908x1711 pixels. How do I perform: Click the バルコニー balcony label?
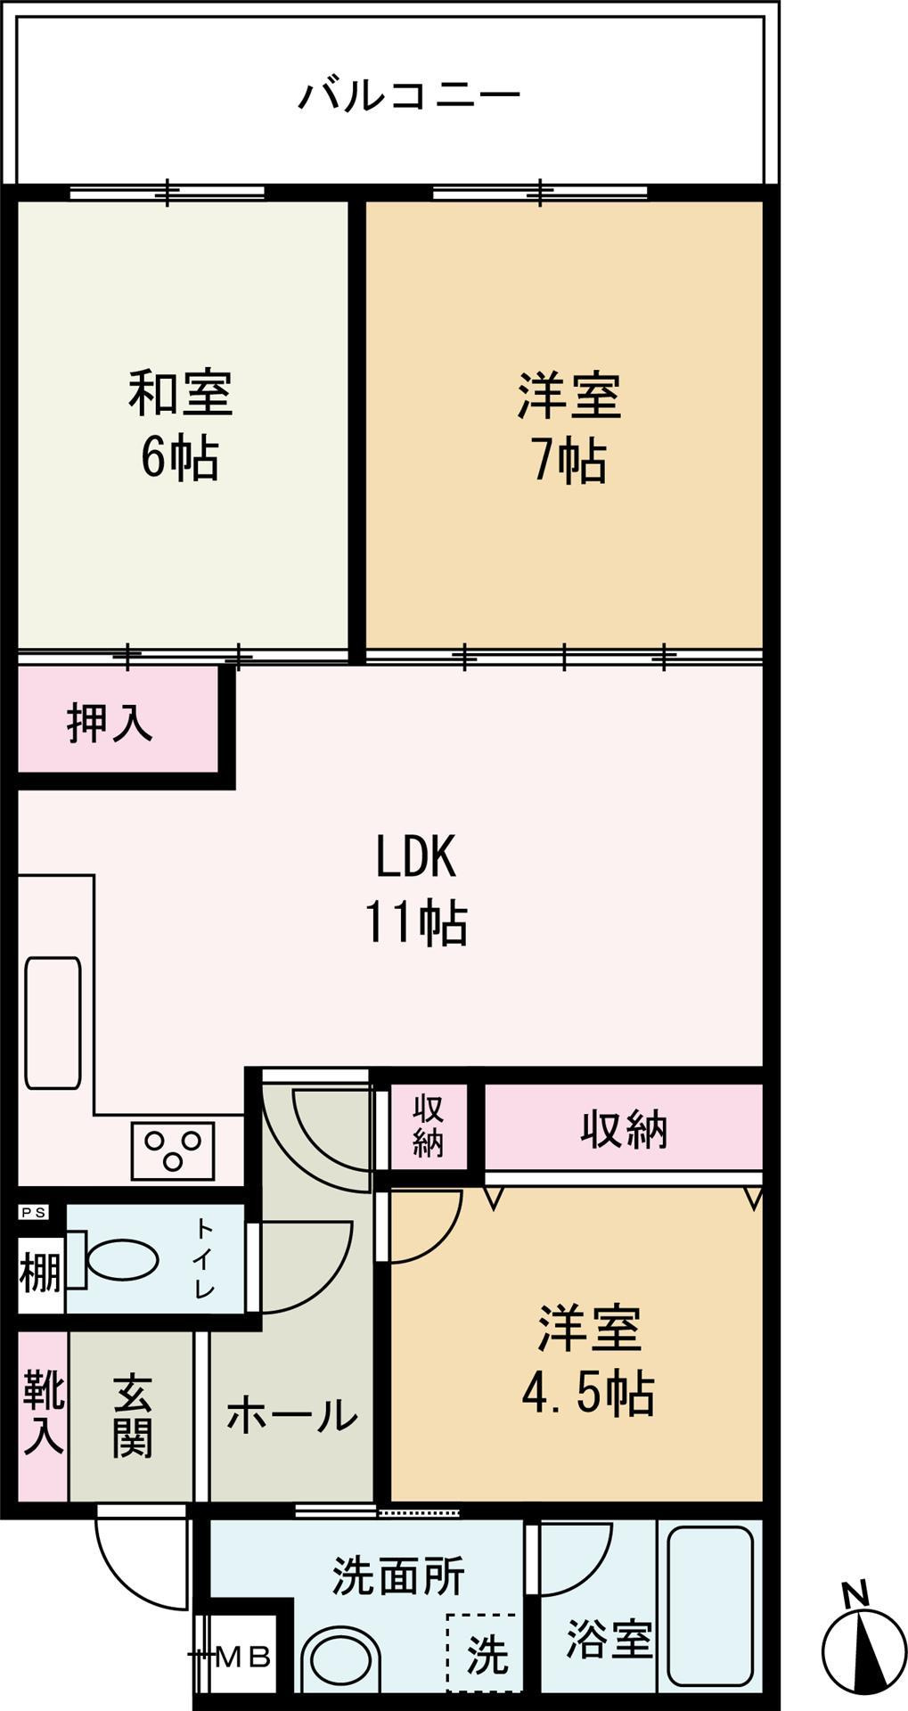tap(409, 94)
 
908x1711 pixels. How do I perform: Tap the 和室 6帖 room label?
tap(181, 425)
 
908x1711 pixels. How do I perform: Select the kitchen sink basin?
tap(53, 1023)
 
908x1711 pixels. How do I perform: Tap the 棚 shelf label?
tap(41, 1272)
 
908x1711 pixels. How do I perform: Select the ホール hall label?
tap(291, 1416)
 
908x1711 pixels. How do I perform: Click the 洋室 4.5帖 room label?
tap(588, 1362)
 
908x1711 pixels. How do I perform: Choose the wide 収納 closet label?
tap(624, 1130)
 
